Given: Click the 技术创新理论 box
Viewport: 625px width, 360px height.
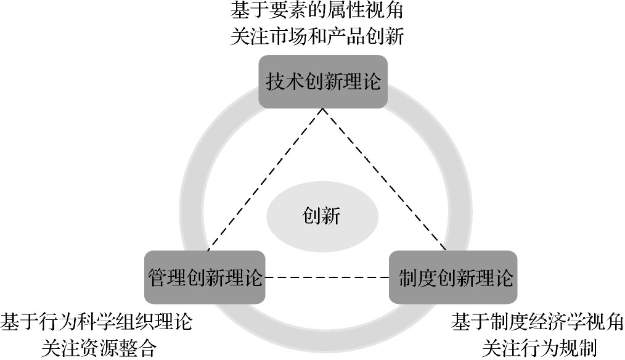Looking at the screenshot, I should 323,81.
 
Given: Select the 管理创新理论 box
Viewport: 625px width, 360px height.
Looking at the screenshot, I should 205,277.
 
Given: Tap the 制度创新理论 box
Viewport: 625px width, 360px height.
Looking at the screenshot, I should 453,277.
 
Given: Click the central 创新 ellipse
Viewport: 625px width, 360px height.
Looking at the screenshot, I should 321,216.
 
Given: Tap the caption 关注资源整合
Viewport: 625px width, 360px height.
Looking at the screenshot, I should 99,348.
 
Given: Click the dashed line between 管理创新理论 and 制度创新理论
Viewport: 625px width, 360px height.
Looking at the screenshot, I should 327,277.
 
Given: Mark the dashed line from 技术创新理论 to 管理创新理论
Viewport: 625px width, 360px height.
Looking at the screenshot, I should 265,179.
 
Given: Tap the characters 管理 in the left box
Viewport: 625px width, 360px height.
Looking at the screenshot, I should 165,277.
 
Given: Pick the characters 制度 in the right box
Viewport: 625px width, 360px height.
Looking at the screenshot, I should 413,277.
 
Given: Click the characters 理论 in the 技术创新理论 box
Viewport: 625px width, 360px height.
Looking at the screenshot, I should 364,81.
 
